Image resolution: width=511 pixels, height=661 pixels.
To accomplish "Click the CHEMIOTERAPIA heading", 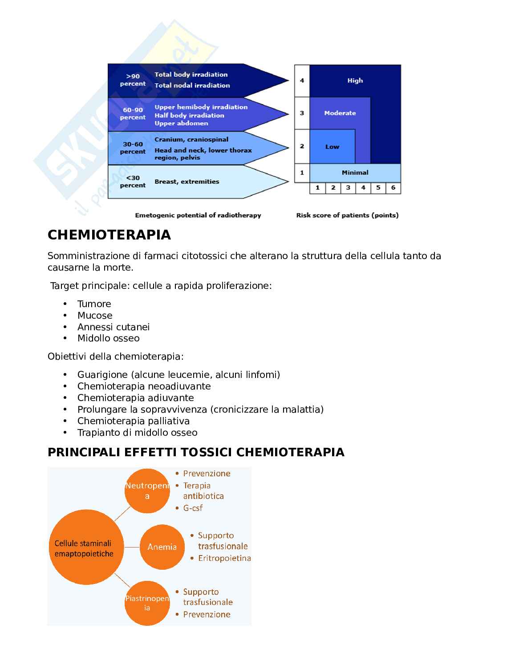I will tap(109, 235).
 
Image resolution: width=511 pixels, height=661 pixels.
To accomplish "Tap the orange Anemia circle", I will tap(162, 547).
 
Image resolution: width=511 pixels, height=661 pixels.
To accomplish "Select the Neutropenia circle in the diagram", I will tap(147, 491).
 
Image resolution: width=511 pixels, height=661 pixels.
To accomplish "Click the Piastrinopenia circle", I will tap(147, 603).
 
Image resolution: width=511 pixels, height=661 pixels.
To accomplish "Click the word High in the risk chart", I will tap(355, 81).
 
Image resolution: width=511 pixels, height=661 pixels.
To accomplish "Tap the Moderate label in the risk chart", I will tap(340, 113).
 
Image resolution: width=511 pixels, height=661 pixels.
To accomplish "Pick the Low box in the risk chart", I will tap(332, 146).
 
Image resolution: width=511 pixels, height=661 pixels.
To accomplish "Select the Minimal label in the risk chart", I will tap(355, 173).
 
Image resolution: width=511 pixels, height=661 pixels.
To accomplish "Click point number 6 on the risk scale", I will tap(393, 188).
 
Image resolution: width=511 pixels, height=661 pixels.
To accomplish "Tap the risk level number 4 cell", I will tap(302, 81).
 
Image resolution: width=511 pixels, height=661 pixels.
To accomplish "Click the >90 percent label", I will tap(133, 80).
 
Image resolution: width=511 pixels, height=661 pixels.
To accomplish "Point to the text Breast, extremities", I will tap(187, 182).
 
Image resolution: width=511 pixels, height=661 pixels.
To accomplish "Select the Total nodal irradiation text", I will tap(192, 85).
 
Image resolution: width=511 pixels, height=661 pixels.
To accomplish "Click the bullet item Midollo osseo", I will tap(108, 338).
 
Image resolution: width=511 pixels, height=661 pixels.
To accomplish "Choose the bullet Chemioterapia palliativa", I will tap(133, 421).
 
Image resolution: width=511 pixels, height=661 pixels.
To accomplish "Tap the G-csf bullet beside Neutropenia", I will tap(193, 508).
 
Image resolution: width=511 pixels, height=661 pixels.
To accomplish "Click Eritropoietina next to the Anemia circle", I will tap(224, 558).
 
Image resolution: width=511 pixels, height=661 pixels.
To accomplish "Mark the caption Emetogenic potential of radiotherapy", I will tap(198, 215).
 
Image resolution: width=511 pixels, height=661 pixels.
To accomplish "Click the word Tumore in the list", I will tap(94, 304).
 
